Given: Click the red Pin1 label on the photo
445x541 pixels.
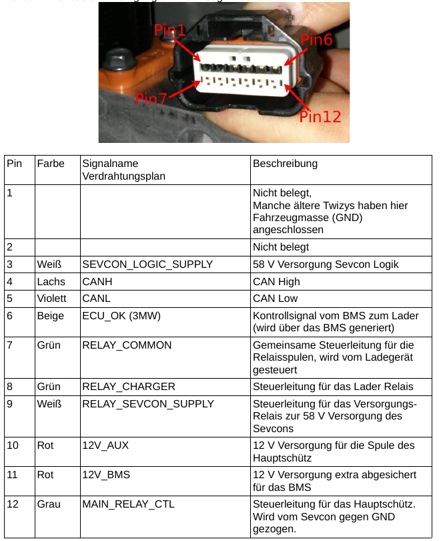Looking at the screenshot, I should click(170, 30).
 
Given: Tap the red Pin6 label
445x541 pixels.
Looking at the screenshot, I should click(316, 39).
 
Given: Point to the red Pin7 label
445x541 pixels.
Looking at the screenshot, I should click(151, 99).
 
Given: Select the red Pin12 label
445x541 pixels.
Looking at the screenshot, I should click(320, 117).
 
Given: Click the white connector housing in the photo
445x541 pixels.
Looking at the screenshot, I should click(243, 76).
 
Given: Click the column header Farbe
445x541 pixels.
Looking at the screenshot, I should click(51, 164).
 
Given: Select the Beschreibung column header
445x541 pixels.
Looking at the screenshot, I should click(285, 164).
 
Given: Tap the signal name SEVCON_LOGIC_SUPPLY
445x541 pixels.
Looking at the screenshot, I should click(147, 264).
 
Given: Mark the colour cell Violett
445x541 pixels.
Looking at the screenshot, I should click(52, 299).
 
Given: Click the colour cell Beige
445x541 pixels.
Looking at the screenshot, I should click(50, 316).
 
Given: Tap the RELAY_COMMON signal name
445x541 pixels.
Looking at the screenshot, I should click(127, 345).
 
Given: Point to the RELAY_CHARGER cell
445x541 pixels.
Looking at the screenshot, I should click(129, 386).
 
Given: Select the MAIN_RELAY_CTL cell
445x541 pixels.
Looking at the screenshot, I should click(128, 504).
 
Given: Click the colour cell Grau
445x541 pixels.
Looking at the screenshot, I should click(49, 504).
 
